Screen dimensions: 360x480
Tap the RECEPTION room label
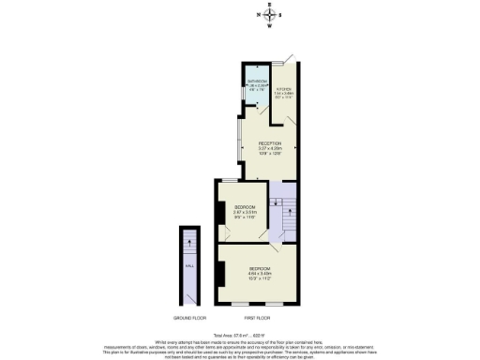point(270,143)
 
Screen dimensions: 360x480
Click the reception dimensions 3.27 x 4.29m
point(270,149)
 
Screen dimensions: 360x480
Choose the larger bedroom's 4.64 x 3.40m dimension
point(260,274)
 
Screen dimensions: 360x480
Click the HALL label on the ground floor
point(190,266)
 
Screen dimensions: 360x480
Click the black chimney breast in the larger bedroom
point(220,273)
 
